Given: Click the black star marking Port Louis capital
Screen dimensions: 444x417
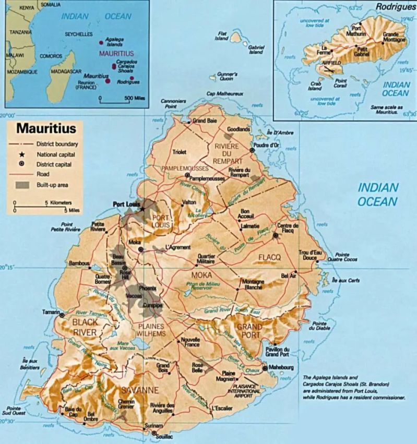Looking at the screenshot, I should [x=142, y=209].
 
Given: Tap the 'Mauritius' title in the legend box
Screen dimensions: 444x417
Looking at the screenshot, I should [x=46, y=128].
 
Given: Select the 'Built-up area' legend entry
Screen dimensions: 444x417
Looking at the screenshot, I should [x=52, y=184].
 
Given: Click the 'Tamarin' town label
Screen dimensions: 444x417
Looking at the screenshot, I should [x=50, y=312].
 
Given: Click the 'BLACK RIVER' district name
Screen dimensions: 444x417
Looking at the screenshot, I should [x=85, y=327].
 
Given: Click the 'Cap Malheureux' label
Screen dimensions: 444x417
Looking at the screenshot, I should [x=225, y=94].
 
